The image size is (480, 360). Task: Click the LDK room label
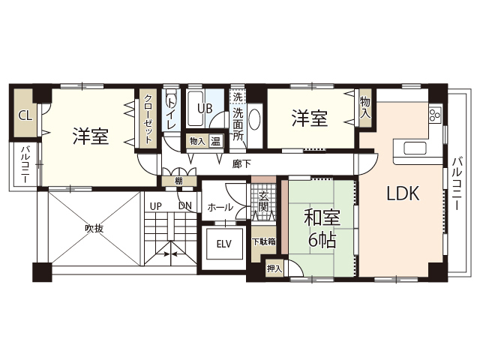[x=403, y=193]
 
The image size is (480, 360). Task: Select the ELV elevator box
[x=224, y=244]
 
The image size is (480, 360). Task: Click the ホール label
[x=220, y=208]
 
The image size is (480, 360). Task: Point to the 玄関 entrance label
[x=263, y=202]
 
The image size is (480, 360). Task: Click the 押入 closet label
[x=274, y=268]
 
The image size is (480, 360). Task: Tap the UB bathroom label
[x=205, y=108]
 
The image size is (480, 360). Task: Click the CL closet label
[x=25, y=115]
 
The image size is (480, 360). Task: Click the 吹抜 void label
[x=94, y=229]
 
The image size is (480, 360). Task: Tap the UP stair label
[x=156, y=206]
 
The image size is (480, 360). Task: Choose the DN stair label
[x=185, y=206]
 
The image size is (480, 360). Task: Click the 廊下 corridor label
[x=241, y=164]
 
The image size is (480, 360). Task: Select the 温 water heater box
[x=215, y=142]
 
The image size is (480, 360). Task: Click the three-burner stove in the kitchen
[x=436, y=115]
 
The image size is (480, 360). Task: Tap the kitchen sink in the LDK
[x=415, y=148]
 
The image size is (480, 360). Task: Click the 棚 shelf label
[x=179, y=181]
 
